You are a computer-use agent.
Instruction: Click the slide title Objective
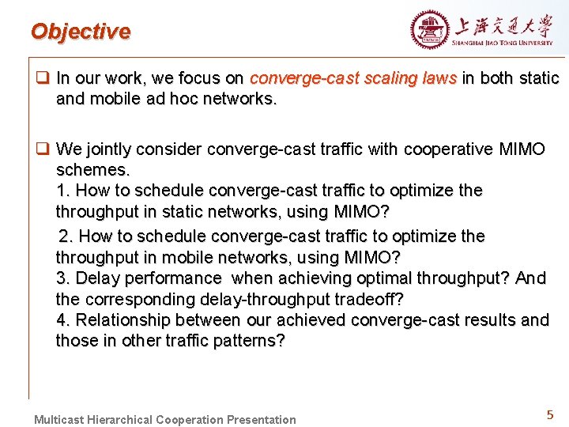[x=80, y=32]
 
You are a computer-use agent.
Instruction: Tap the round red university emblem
[x=429, y=30]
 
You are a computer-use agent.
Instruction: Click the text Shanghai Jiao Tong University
[x=503, y=43]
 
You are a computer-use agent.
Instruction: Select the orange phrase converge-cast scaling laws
[x=352, y=78]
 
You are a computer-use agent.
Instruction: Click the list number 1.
[x=62, y=191]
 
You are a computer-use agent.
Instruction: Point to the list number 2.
[x=65, y=236]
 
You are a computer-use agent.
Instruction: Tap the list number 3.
[x=62, y=278]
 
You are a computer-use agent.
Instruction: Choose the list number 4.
[x=62, y=320]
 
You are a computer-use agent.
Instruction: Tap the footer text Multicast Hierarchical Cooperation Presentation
[x=164, y=419]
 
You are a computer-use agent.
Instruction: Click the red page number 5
[x=549, y=415]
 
